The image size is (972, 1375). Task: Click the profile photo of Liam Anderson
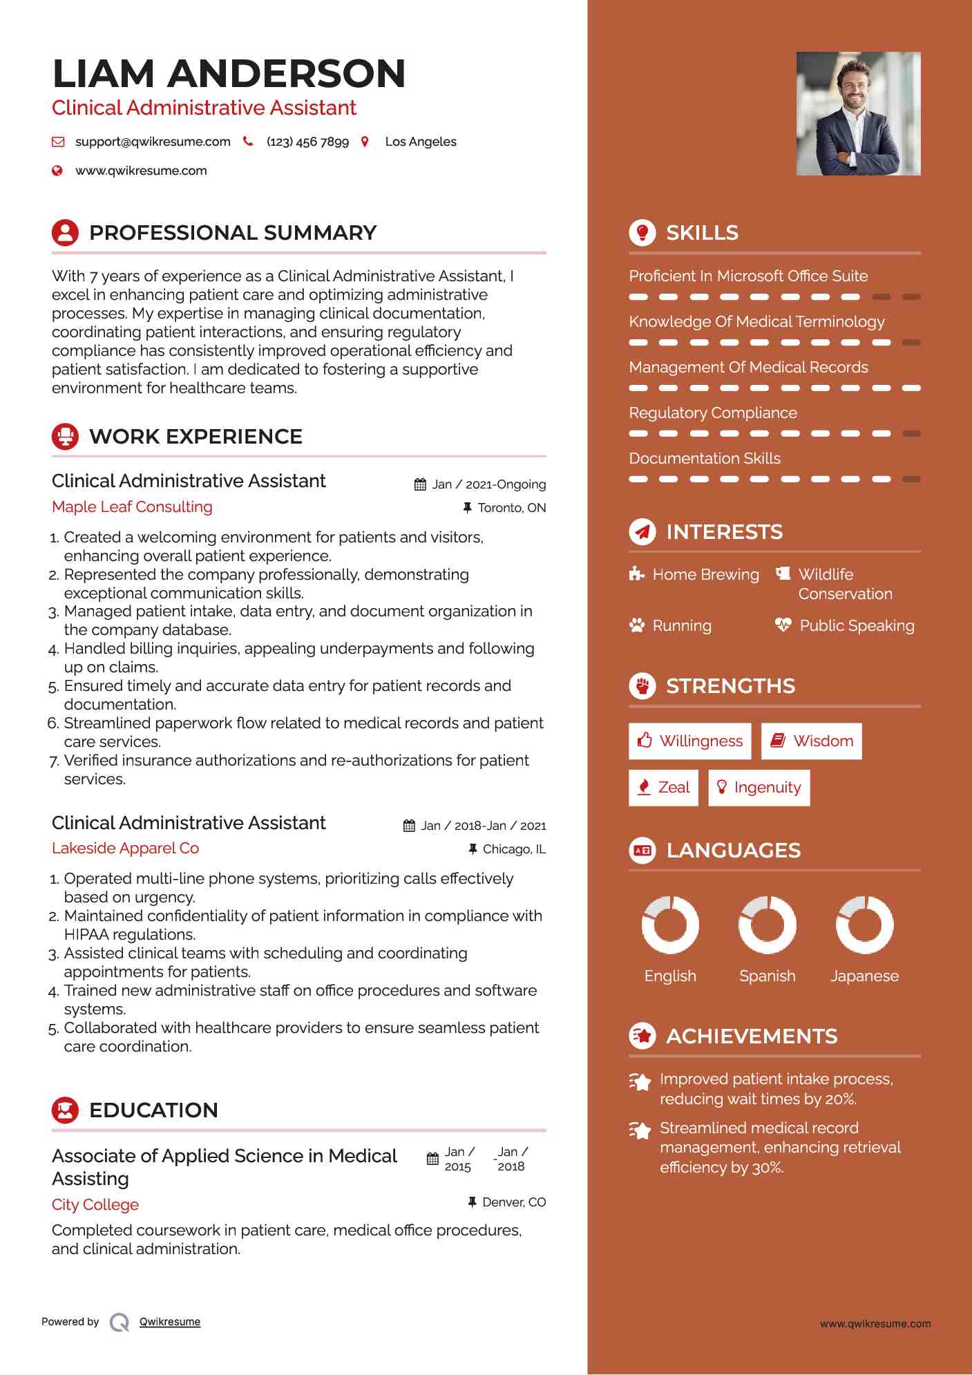click(x=858, y=113)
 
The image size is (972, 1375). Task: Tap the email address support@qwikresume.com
click(x=153, y=142)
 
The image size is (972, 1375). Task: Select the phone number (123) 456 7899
click(x=307, y=142)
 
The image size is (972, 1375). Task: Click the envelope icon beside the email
click(x=58, y=142)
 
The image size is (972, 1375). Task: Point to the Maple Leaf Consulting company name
click(x=132, y=506)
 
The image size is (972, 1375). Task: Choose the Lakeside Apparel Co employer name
click(x=125, y=848)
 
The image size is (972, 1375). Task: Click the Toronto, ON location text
click(x=511, y=508)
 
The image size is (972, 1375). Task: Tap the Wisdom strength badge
click(x=812, y=741)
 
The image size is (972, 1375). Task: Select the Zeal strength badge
click(x=663, y=787)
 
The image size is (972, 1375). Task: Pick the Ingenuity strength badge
click(x=759, y=787)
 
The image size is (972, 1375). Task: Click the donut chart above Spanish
click(x=767, y=924)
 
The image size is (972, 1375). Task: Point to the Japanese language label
click(x=864, y=976)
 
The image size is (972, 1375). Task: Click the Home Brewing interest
click(x=705, y=574)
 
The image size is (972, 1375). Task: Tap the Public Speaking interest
click(x=857, y=625)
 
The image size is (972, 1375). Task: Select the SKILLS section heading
click(x=702, y=233)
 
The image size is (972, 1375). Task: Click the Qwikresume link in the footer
click(x=169, y=1322)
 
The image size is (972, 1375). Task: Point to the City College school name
click(x=95, y=1204)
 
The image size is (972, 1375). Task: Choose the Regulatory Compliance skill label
click(x=713, y=413)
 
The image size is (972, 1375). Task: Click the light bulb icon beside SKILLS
click(x=642, y=232)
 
